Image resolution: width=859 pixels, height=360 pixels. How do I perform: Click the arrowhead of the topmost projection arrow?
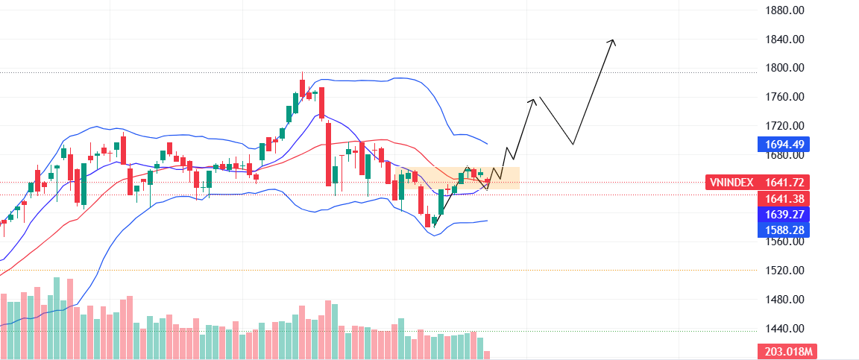click(613, 41)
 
